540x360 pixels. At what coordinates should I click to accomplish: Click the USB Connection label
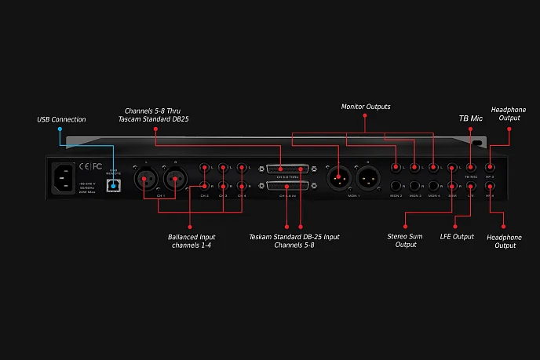(61, 119)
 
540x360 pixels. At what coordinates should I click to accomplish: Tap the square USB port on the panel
(115, 184)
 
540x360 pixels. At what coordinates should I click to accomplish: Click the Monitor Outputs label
(365, 106)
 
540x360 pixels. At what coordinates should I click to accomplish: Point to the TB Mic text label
(470, 119)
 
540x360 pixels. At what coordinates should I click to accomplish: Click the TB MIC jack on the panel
(470, 167)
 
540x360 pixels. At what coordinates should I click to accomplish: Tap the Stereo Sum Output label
(406, 239)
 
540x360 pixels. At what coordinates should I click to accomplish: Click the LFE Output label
(457, 236)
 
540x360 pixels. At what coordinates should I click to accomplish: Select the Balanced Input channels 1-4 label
(191, 240)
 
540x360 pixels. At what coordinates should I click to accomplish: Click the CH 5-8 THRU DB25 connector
(288, 169)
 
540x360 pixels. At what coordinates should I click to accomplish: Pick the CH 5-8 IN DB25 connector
(288, 185)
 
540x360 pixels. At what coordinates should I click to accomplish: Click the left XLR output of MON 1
(337, 179)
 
